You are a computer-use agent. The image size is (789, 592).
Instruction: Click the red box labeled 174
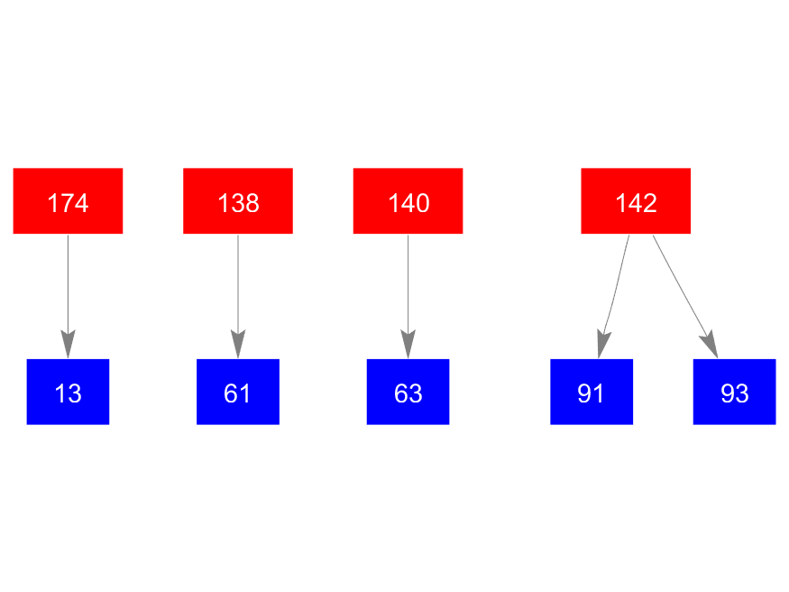[68, 200]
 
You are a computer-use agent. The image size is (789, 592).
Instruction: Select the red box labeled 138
[238, 200]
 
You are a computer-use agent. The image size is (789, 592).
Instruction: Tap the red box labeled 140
[408, 200]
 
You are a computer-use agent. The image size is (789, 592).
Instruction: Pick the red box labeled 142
[636, 200]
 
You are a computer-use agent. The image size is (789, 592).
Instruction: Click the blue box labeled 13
[68, 392]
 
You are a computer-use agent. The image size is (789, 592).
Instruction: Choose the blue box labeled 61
[238, 392]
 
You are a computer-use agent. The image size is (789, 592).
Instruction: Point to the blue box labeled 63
[408, 392]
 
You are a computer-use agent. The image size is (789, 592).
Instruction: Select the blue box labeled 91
[592, 392]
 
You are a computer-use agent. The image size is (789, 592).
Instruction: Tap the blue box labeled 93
[734, 392]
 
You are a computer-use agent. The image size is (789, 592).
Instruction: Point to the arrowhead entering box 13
[68, 346]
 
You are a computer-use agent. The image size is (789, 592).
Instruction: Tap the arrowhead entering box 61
[238, 346]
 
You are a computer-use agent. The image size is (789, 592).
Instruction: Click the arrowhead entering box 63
[408, 346]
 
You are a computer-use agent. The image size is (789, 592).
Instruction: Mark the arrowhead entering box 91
[602, 346]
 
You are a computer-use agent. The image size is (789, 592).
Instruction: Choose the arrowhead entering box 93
[710, 345]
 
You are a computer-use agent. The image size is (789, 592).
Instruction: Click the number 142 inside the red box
[636, 203]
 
